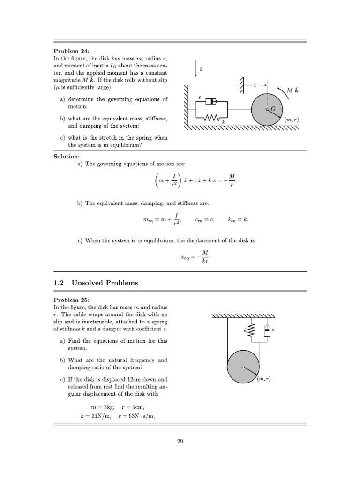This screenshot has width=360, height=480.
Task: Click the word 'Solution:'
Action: tap(67, 156)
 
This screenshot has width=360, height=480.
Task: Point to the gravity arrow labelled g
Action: tap(195, 69)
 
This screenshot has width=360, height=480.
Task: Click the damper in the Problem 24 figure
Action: tap(211, 101)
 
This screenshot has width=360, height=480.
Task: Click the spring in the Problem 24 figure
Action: tap(211, 118)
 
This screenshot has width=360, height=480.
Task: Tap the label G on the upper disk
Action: tap(273, 108)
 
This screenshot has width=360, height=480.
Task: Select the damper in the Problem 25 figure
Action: tap(267, 331)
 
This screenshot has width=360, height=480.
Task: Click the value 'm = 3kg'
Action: tap(101, 407)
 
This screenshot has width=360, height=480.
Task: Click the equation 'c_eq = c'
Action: tap(205, 219)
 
